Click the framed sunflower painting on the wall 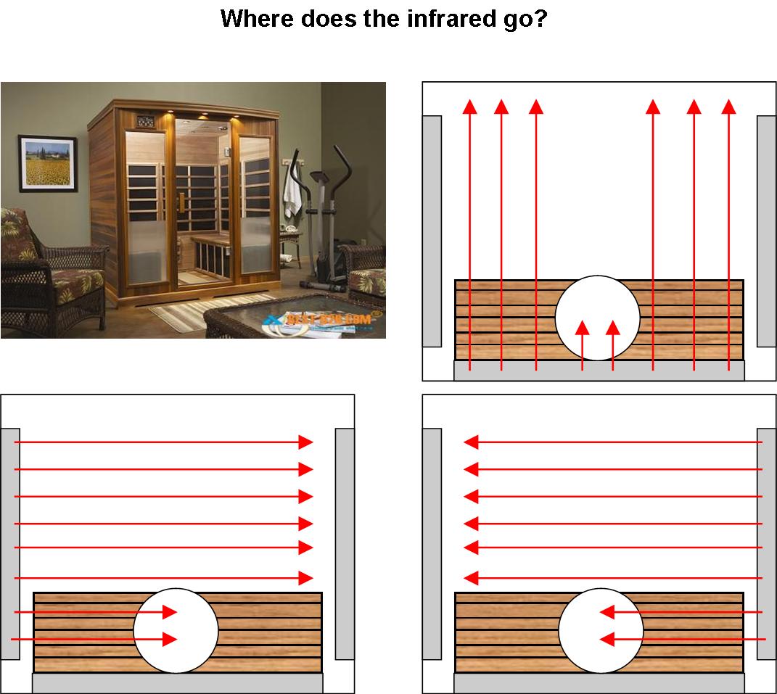click(47, 163)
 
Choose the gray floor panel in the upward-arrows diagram click(599, 370)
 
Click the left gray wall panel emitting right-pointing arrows click(10, 544)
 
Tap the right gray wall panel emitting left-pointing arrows click(766, 544)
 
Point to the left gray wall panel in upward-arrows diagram click(432, 231)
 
